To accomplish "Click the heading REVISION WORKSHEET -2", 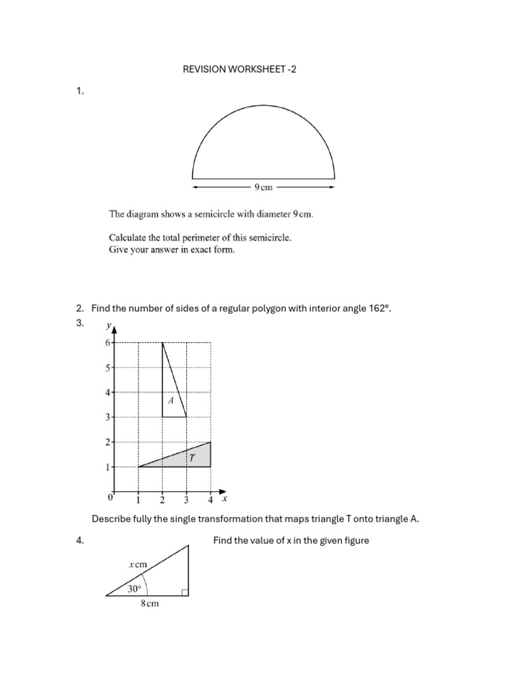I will (x=239, y=69).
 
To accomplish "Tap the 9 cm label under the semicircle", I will (x=263, y=187).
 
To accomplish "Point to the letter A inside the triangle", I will (x=171, y=400).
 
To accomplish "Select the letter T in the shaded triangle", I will (x=192, y=458).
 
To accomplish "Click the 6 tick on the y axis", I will (x=107, y=342).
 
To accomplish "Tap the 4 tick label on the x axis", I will (x=210, y=500).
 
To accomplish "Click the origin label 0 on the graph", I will (x=111, y=499).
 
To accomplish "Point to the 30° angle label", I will (x=135, y=588).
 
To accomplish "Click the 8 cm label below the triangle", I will (x=150, y=604).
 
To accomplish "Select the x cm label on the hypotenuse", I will (x=138, y=565).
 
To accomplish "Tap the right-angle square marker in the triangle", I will (x=185, y=592).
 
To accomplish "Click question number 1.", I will (x=80, y=91).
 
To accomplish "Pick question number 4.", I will (x=80, y=540).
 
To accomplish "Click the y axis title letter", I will (x=108, y=326).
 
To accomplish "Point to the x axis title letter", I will (x=225, y=499).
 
